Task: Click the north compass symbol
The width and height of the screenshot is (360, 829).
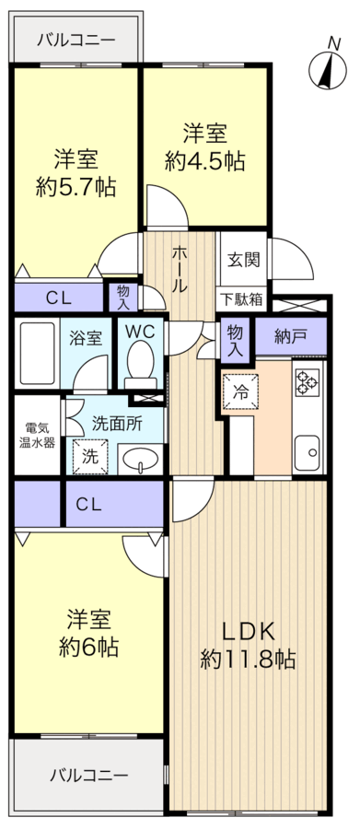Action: click(x=324, y=67)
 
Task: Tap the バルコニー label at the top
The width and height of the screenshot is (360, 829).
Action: click(x=76, y=41)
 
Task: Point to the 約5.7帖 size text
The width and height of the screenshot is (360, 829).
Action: click(x=76, y=187)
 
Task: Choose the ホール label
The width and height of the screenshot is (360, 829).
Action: click(x=180, y=268)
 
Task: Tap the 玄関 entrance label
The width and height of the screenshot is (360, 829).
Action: click(x=244, y=259)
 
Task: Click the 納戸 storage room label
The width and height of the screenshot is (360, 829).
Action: click(x=291, y=336)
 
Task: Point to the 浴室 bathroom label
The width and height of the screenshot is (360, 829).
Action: click(x=87, y=337)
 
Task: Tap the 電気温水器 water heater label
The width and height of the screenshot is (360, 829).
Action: click(x=37, y=435)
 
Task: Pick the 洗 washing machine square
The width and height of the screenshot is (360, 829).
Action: click(x=89, y=455)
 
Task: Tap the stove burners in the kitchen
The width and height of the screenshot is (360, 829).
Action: click(x=305, y=379)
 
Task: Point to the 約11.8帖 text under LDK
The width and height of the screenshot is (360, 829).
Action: click(x=249, y=660)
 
